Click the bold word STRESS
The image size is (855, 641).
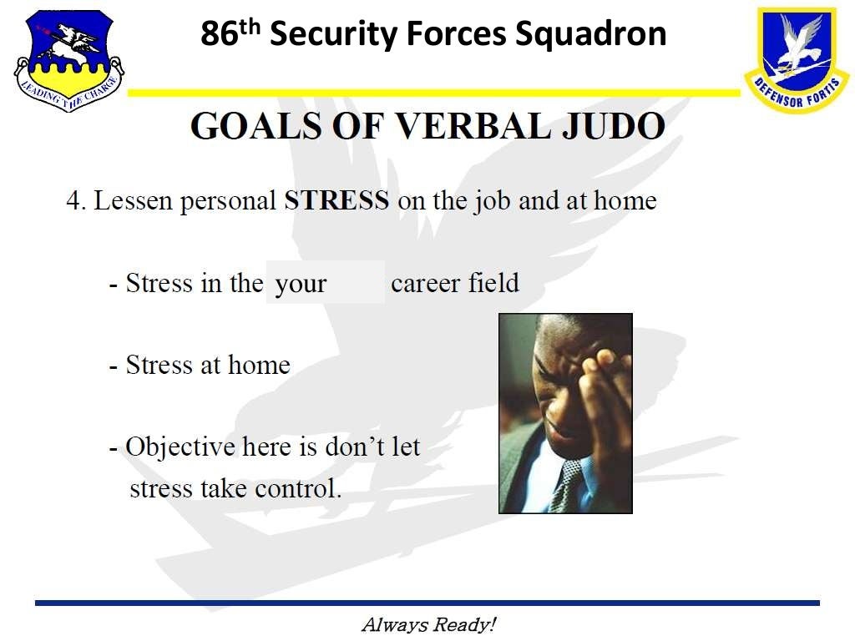click(x=336, y=201)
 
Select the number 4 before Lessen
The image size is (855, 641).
click(x=73, y=201)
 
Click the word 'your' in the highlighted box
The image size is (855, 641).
click(x=301, y=284)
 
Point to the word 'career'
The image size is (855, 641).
click(x=426, y=283)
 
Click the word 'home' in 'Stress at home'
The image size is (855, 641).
click(x=259, y=365)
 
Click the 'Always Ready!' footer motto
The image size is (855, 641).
click(x=428, y=624)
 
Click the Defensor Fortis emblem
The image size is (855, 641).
click(x=795, y=58)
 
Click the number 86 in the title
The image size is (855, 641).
click(x=220, y=34)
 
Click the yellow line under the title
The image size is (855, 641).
click(x=434, y=93)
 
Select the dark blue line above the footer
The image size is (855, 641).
click(x=427, y=603)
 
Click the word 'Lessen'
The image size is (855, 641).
click(x=134, y=201)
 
